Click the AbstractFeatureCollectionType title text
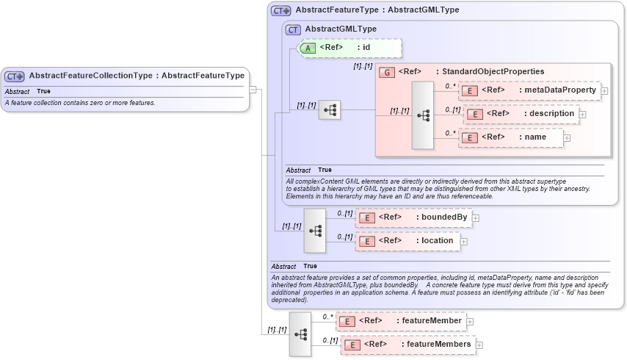[137, 76]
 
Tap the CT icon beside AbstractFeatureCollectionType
[15, 76]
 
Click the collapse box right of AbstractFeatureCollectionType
[253, 90]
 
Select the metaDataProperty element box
[529, 90]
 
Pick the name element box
[511, 137]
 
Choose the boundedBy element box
[413, 217]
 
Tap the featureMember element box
[401, 321]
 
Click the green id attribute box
[349, 48]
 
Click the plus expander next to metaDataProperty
[604, 91]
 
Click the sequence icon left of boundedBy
[315, 230]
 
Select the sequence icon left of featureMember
[300, 334]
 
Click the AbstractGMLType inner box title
[341, 29]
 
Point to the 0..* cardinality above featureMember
[327, 317]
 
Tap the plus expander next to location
[463, 241]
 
